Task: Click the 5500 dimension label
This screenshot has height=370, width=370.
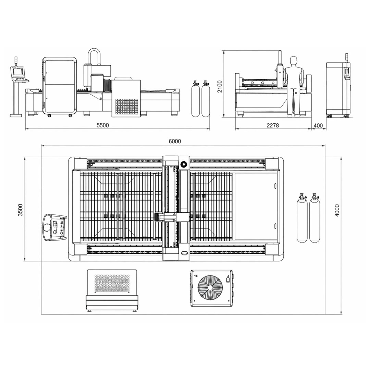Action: coord(103,125)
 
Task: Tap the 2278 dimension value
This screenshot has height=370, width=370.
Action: coord(273,125)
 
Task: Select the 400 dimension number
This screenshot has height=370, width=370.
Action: coord(318,125)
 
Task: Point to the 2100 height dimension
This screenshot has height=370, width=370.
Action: coord(220,86)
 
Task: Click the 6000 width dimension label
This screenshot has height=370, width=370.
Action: coord(175,141)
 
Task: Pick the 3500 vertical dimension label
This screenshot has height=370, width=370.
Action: coord(21,210)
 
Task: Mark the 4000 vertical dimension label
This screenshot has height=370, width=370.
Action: coord(337,211)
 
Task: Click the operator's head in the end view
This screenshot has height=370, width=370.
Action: coord(293,60)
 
